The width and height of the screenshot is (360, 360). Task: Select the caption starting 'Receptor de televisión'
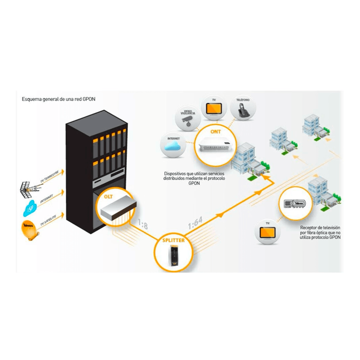click(320, 233)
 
